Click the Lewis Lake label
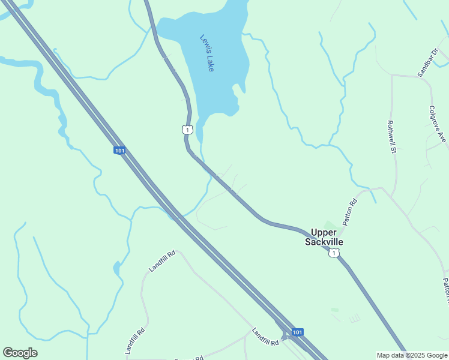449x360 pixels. coord(207,53)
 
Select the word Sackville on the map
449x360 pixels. coord(324,242)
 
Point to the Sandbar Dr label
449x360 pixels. coord(429,62)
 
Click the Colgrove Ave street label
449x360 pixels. coord(438,124)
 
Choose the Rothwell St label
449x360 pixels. coord(393,136)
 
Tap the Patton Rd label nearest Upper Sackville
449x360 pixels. coord(350,212)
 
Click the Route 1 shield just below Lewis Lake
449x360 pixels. coord(187,130)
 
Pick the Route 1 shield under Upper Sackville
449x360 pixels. coord(334,254)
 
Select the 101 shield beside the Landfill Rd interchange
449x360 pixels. coord(297,332)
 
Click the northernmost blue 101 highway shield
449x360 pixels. coord(119,150)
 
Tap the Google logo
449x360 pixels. coord(20,353)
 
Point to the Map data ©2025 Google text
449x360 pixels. coord(412,355)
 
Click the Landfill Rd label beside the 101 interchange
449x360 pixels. coord(265,337)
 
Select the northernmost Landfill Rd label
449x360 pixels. coord(162,262)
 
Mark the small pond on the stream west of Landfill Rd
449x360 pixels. coord(116,267)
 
